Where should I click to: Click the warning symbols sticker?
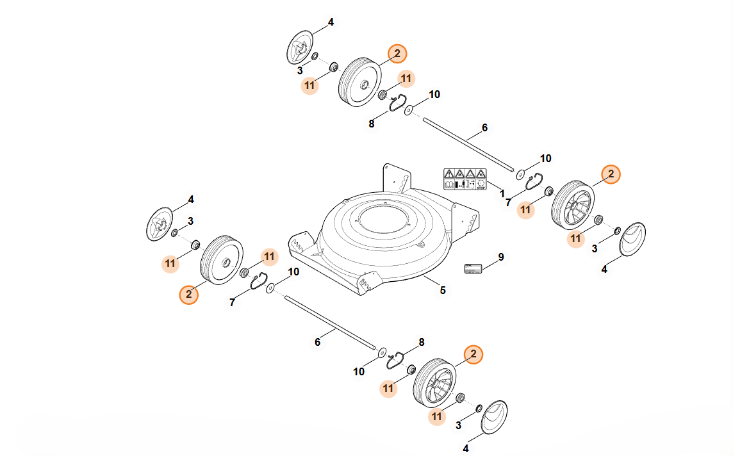[x=465, y=179]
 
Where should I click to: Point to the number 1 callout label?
[x=502, y=193]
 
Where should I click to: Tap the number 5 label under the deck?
[x=442, y=291]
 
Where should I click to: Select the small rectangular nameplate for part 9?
[x=473, y=268]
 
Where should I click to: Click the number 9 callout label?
[x=501, y=257]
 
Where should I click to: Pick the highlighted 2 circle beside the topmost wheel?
[x=397, y=54]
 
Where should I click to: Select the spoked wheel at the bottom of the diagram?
[x=434, y=383]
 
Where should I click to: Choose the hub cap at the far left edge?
[x=160, y=225]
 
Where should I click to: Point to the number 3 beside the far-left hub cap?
[x=190, y=222]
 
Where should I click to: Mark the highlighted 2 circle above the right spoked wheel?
[x=611, y=174]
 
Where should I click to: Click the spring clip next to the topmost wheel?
[x=397, y=102]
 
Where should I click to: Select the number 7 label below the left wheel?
[x=232, y=302]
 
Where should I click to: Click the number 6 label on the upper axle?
[x=484, y=128]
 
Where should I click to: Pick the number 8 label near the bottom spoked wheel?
[x=422, y=343]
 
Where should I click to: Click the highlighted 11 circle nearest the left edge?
[x=170, y=263]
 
